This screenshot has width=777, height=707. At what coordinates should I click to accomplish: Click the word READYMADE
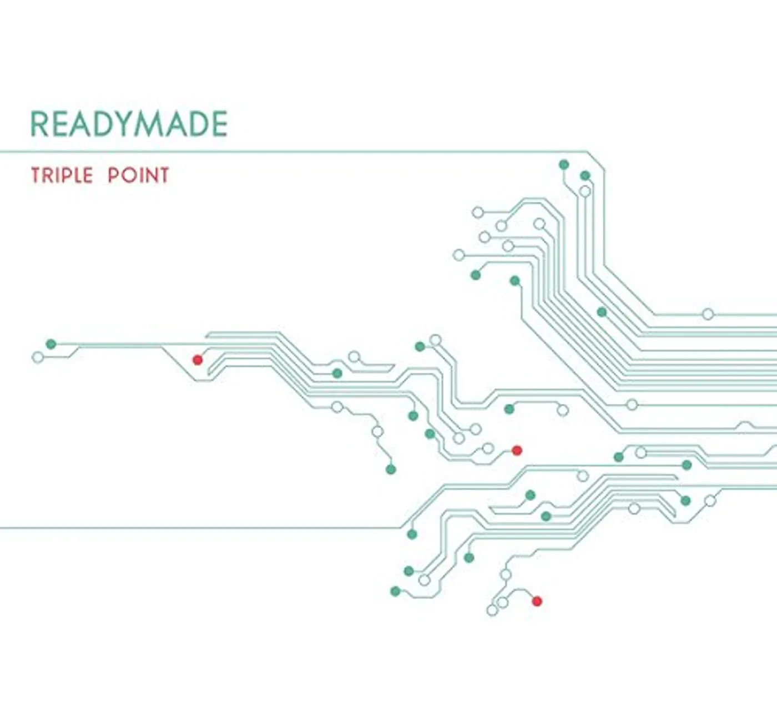[x=129, y=124]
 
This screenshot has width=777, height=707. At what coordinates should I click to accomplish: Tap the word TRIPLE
[x=62, y=176]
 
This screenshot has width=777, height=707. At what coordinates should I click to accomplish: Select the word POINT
[x=138, y=176]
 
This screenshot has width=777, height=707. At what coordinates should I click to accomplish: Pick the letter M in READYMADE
[x=146, y=124]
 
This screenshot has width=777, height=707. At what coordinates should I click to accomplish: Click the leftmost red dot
[x=198, y=360]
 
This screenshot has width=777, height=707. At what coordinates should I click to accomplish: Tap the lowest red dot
[x=537, y=601]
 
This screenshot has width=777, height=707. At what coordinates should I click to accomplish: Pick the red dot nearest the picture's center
[x=517, y=450]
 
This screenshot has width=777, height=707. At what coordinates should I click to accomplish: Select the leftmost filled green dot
[x=51, y=344]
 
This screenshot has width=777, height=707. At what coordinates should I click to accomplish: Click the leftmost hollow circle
[x=38, y=357]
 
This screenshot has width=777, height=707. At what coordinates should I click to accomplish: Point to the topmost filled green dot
[x=564, y=164]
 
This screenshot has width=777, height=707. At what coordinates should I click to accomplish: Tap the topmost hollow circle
[x=585, y=191]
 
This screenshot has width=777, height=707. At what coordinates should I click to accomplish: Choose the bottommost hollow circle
[x=492, y=610]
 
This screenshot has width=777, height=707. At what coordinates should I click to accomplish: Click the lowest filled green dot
[x=395, y=592]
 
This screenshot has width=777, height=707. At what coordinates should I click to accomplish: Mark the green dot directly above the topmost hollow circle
[x=585, y=176]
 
